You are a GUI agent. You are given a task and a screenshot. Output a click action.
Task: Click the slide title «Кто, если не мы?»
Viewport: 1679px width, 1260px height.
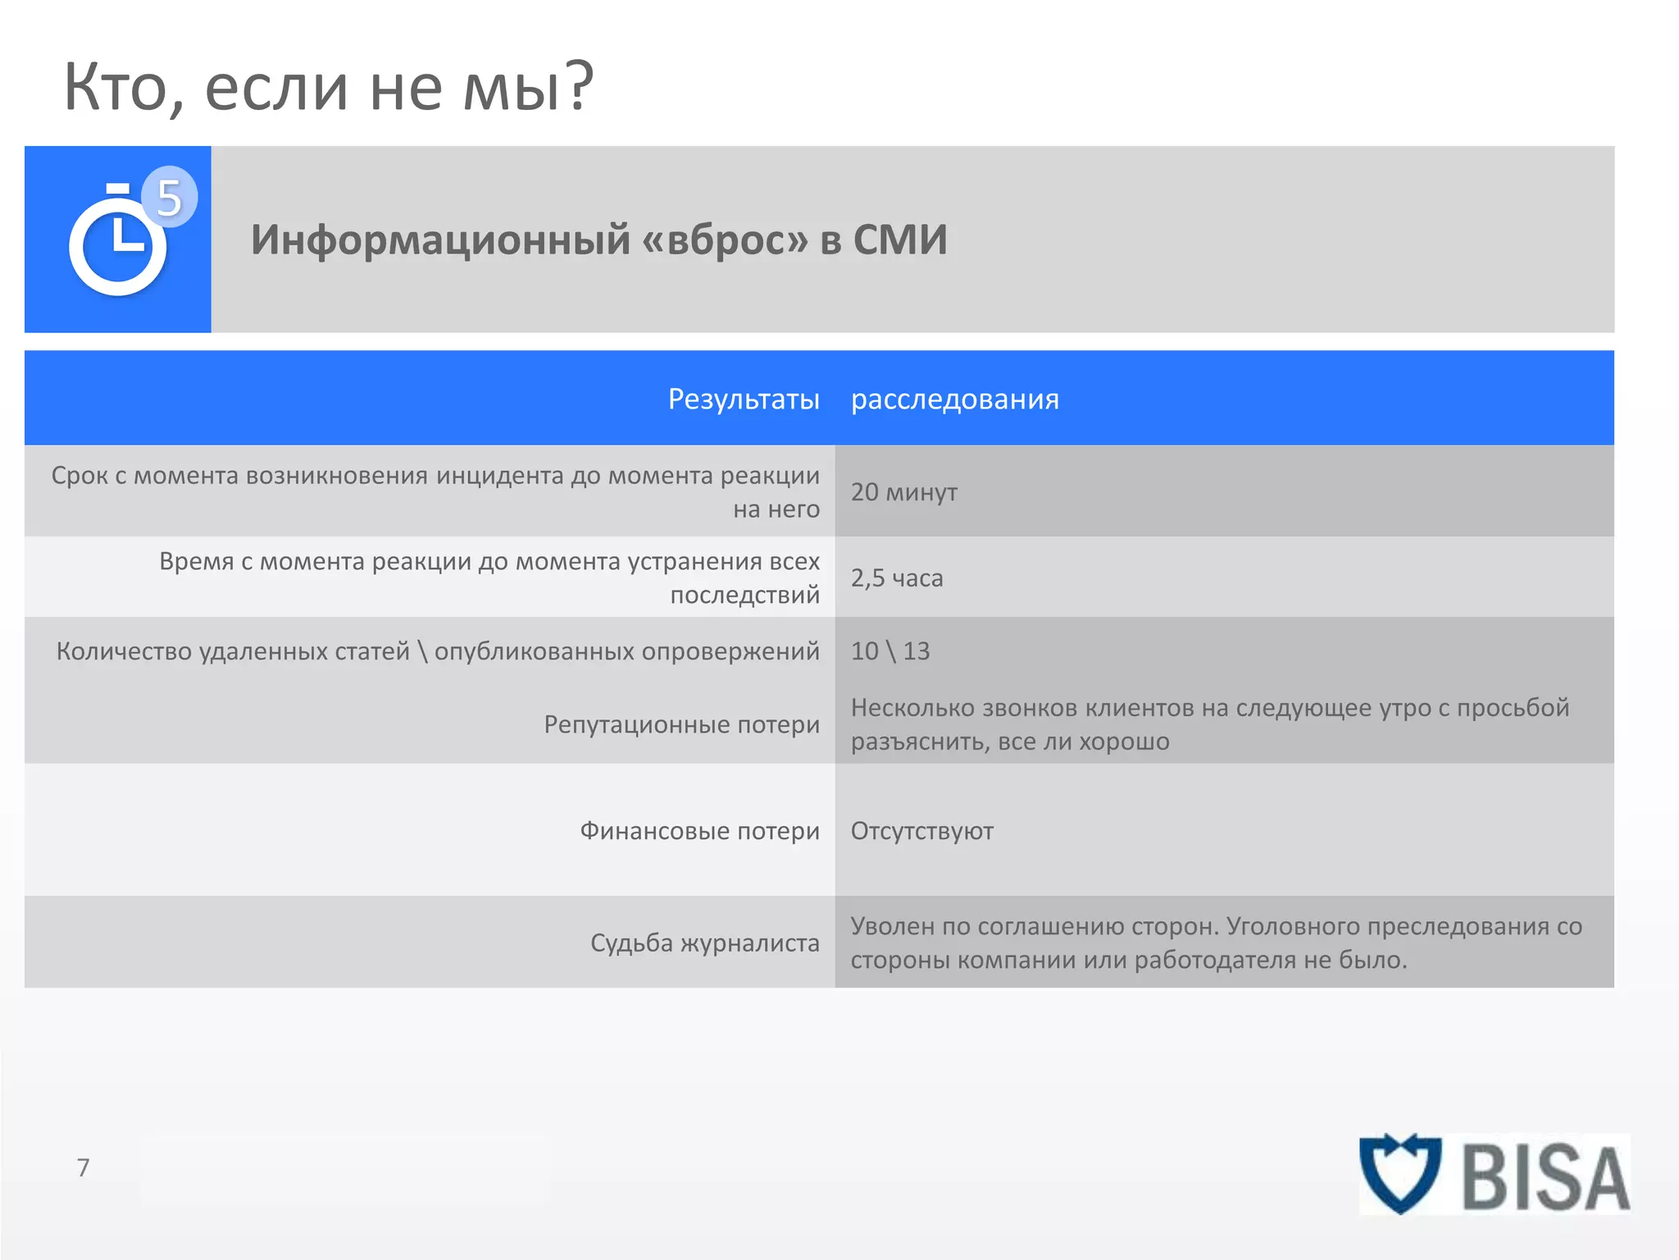coord(328,87)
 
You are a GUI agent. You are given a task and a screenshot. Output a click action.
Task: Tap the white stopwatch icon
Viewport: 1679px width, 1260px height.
coord(117,242)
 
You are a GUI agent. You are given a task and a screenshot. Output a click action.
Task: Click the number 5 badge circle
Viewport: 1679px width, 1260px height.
coord(169,197)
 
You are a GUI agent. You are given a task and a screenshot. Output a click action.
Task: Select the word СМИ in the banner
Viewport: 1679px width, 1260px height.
coord(899,240)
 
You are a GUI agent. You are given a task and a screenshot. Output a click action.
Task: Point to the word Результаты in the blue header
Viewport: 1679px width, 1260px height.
coord(744,399)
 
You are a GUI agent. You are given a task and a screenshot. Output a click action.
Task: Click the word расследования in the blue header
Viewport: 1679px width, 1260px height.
coord(954,399)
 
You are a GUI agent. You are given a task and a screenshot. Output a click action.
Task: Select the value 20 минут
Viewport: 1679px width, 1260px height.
coord(903,492)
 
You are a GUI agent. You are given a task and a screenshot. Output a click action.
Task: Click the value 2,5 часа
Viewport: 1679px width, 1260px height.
coord(896,578)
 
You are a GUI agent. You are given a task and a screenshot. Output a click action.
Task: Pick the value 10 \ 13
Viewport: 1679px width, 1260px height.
coord(890,651)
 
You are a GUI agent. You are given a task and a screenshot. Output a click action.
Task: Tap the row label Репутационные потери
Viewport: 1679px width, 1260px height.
coord(681,724)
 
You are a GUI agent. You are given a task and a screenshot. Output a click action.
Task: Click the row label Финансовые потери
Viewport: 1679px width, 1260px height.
coord(699,831)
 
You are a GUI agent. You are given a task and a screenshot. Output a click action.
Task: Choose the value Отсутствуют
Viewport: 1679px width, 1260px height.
coord(921,831)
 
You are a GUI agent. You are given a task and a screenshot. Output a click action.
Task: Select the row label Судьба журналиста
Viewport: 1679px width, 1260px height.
coord(704,943)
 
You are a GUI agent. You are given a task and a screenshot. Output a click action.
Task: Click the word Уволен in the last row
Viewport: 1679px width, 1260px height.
coord(891,926)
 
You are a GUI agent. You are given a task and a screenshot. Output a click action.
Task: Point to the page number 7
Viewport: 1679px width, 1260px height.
coord(83,1167)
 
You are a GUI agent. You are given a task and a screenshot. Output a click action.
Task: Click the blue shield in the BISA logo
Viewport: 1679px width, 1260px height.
coord(1399,1173)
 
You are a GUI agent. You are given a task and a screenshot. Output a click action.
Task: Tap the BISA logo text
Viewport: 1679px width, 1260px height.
coord(1545,1178)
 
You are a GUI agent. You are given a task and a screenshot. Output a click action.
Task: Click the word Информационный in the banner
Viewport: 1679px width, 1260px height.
coord(440,240)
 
